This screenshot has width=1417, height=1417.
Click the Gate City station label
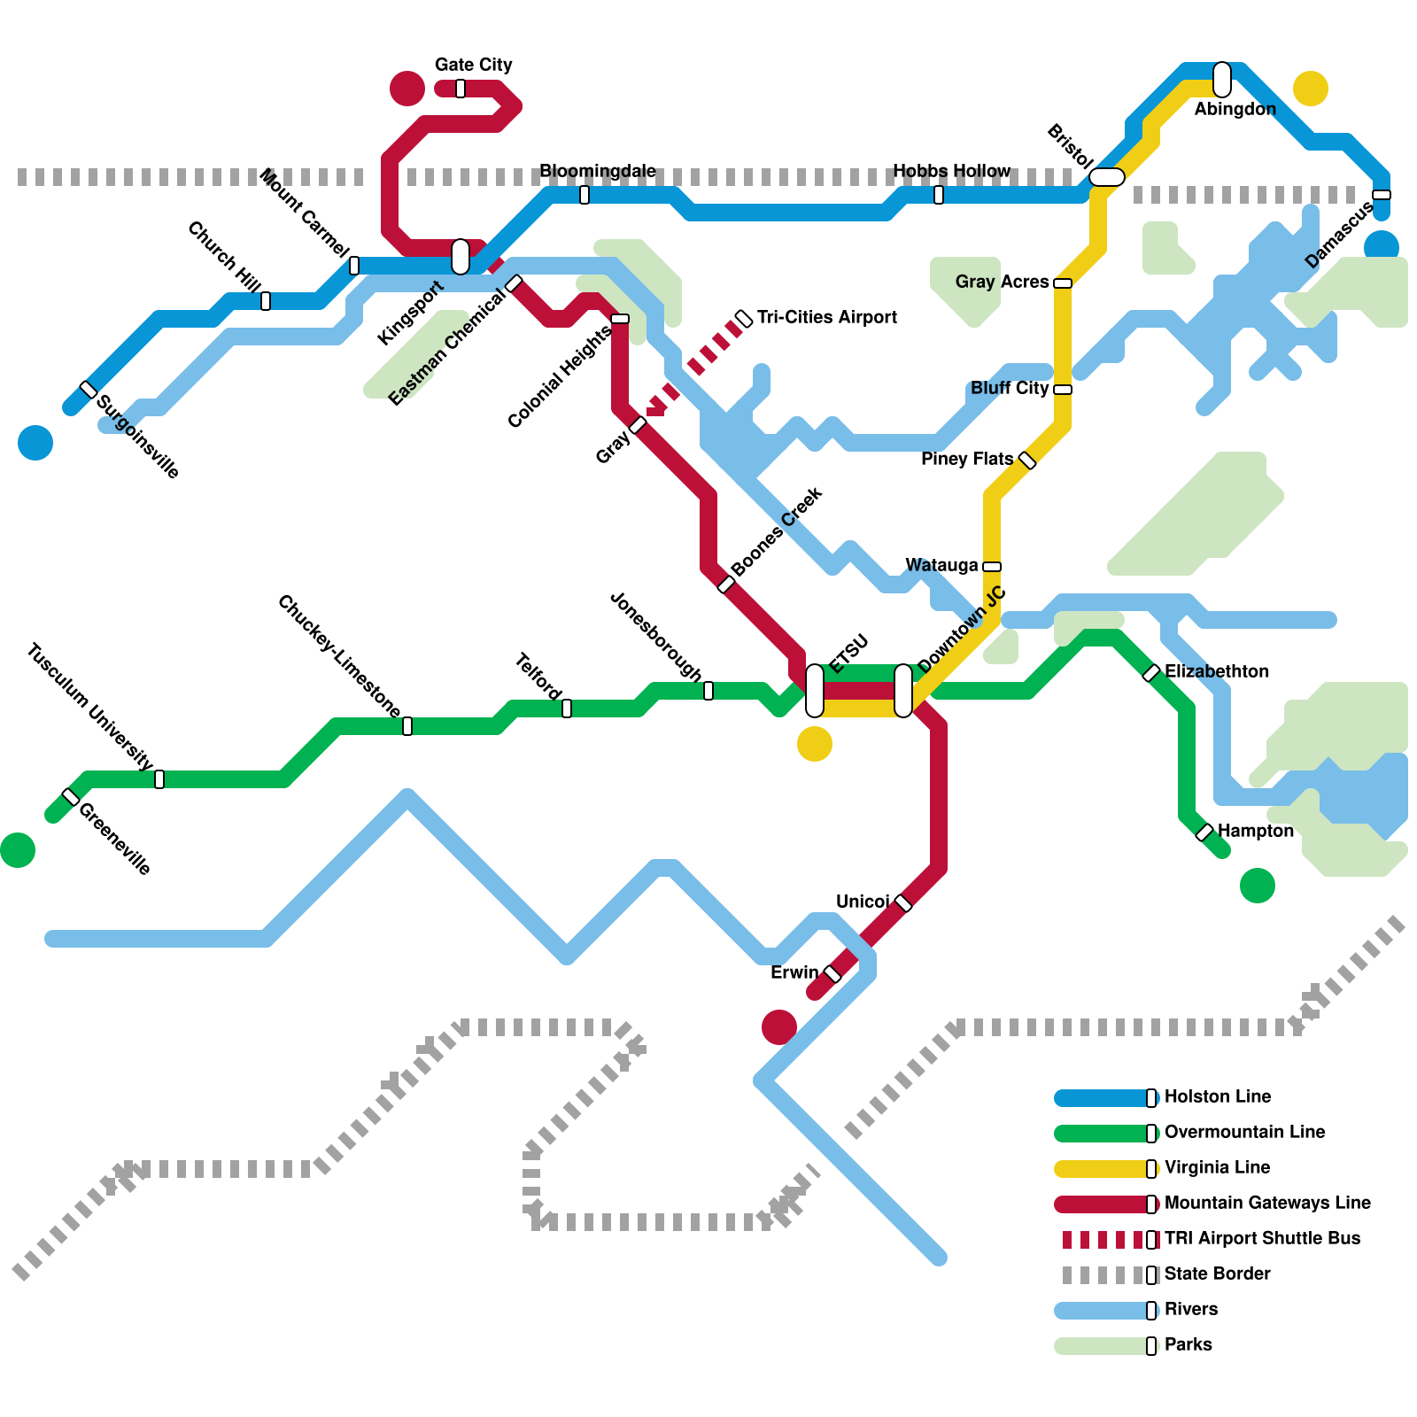pos(473,65)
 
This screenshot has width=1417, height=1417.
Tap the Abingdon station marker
pos(1222,80)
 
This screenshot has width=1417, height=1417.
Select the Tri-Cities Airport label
pos(826,317)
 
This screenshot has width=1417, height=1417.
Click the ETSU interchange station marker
pos(815,691)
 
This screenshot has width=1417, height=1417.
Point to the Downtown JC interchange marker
pos(903,691)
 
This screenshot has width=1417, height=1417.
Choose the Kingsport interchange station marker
pos(461,257)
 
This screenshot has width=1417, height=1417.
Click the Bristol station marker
pos(1107,177)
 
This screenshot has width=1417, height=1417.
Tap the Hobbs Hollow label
pos(951,171)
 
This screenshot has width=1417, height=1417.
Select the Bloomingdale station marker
pos(585,195)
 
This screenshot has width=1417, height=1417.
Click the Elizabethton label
pos(1216,671)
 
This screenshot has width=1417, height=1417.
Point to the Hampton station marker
pos(1204,832)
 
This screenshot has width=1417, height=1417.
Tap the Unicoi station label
pos(862,902)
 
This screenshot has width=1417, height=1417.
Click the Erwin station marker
pos(832,974)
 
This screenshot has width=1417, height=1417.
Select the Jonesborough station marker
pos(708,691)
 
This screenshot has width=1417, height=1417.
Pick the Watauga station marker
pos(992,567)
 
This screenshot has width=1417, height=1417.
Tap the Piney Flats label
pos(966,459)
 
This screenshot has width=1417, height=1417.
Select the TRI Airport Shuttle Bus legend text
pos(1262,1238)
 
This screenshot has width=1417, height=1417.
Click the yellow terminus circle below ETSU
pos(815,744)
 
